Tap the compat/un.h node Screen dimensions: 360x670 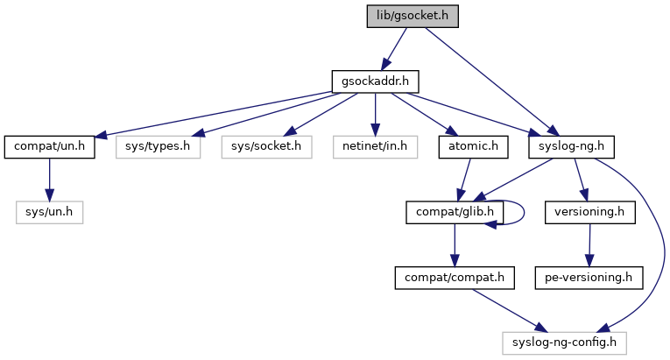49,145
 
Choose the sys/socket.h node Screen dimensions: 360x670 266,145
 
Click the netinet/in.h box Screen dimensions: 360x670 374,145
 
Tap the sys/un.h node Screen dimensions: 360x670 49,212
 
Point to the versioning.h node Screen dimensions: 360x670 589,212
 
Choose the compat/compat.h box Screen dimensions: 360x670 453,278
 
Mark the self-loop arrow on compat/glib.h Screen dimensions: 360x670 524,211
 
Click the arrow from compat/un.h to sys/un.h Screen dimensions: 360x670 49,179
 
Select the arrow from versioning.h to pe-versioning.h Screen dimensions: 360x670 589,245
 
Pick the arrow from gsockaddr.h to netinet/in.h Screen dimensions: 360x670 375,114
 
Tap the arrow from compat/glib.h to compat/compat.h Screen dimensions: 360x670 453,245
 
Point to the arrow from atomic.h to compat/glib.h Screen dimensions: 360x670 463,179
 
